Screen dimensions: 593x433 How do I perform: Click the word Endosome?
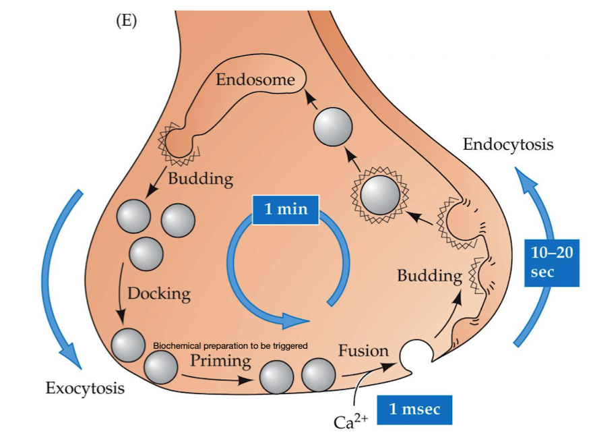tap(255, 80)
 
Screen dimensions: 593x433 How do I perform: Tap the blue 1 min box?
tap(286, 210)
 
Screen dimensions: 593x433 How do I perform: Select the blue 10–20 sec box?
tap(552, 262)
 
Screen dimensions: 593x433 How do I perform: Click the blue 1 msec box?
tap(414, 409)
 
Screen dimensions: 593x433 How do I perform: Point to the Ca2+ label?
tap(350, 421)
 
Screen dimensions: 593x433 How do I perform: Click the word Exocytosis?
tap(85, 388)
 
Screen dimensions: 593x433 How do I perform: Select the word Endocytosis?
tap(508, 144)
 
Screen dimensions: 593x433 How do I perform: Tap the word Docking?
tap(159, 294)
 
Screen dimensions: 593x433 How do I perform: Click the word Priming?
tap(220, 361)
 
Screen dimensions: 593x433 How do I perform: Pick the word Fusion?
tap(363, 351)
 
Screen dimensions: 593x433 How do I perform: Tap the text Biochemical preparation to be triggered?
tap(230, 345)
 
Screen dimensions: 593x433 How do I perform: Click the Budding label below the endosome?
tap(200, 179)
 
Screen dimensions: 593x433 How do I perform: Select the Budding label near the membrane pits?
tap(430, 276)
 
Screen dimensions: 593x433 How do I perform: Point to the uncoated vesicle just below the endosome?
tap(333, 126)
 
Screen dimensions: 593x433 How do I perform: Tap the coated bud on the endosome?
tap(179, 143)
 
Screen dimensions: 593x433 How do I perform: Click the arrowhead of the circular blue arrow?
tap(295, 320)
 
